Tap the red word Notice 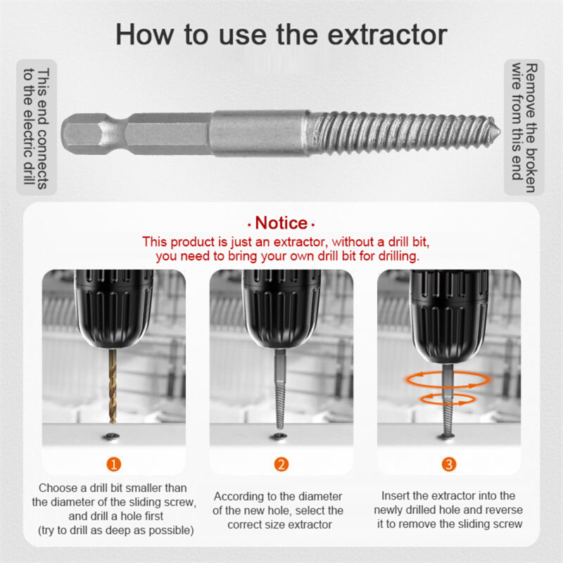[281, 223]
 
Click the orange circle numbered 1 [113, 464]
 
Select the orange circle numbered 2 [281, 464]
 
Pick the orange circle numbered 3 [449, 464]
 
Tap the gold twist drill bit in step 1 [113, 387]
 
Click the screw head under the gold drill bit [113, 438]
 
